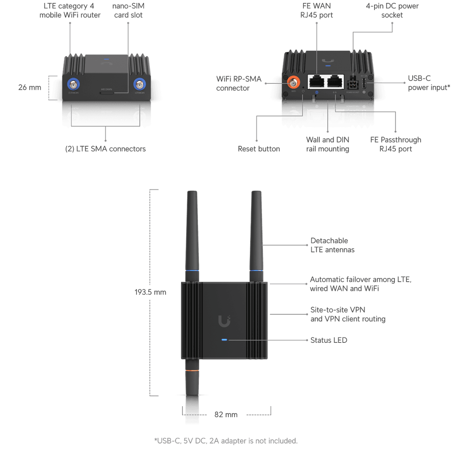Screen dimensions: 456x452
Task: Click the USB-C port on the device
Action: [x=364, y=83]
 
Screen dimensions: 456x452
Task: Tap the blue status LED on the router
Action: [x=224, y=340]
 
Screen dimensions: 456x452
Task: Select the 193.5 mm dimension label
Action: [x=150, y=292]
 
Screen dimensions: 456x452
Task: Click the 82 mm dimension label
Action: [x=226, y=415]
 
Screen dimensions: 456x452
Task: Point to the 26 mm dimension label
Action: [x=30, y=88]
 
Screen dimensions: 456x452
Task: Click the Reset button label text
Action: [x=259, y=149]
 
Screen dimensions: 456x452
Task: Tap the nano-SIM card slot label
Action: [x=128, y=10]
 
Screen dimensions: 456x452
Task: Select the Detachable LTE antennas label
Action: [x=332, y=245]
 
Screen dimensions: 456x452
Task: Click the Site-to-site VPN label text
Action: [x=347, y=314]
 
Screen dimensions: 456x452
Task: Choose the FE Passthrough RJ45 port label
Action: [x=395, y=144]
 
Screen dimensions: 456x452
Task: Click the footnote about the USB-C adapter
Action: [x=226, y=440]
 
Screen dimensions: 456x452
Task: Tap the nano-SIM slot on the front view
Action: [x=107, y=92]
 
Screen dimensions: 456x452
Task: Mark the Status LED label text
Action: [x=329, y=340]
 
